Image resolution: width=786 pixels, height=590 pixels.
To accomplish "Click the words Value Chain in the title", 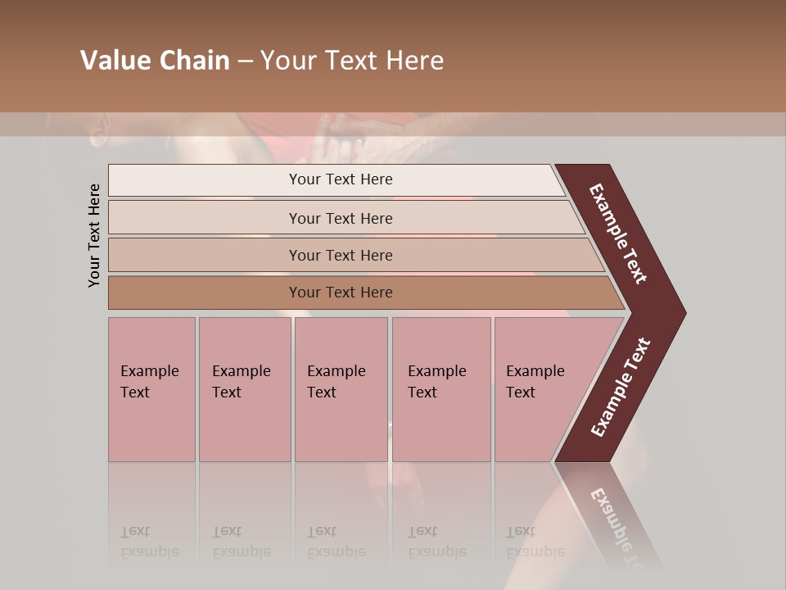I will pos(155,61).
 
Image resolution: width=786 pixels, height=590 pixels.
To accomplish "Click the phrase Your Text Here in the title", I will pos(352,61).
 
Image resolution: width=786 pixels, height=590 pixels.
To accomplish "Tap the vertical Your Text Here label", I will pos(94,235).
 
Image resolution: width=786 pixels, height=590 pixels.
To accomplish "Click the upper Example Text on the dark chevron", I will pos(618,234).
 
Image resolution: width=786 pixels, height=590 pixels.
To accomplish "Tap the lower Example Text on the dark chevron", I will pos(620,388).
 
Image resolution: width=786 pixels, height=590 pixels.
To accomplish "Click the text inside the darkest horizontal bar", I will pos(341,293).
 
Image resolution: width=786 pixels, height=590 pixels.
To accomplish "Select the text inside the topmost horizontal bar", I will pos(341,179).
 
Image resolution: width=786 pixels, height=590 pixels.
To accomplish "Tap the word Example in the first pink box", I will pos(149,371).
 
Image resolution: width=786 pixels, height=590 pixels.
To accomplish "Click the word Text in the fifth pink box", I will pos(521,393).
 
